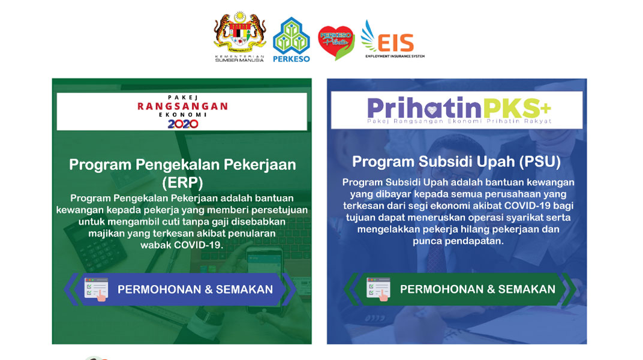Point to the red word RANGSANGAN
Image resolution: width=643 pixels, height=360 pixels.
pos(182,107)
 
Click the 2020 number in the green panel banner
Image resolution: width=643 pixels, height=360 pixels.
pos(183,124)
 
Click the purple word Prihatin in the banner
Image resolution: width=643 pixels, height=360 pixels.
pos(425,108)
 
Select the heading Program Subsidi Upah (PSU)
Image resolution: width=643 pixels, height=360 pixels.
pos(456,161)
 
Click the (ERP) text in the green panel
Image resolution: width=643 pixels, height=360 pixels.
pos(182,182)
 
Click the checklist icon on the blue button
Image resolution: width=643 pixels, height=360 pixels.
pos(96,289)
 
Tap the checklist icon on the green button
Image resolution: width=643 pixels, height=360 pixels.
pos(378,289)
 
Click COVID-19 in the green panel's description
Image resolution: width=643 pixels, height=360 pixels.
pos(199,245)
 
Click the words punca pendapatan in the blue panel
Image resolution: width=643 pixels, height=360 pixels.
pos(458,241)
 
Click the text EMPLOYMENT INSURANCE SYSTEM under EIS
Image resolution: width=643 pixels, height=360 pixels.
pos(395,56)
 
